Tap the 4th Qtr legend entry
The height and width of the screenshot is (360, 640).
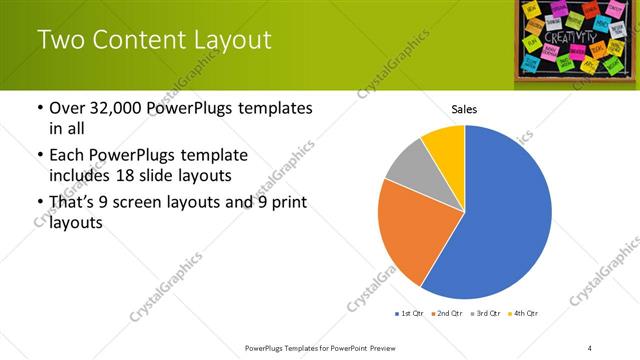523,314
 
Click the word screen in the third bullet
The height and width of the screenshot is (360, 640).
143,203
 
